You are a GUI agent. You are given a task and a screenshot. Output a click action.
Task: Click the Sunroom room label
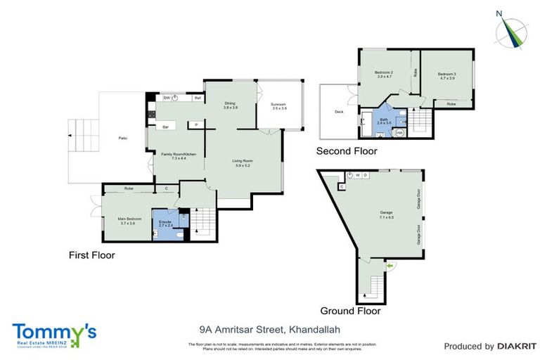tap(279, 106)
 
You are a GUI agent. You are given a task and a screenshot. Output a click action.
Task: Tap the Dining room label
tap(231, 105)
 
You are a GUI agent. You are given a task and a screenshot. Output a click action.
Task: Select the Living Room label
tap(243, 163)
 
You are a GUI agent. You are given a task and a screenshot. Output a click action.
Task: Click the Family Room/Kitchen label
tap(174, 156)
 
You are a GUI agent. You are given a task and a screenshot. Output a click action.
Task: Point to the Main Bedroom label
tap(130, 221)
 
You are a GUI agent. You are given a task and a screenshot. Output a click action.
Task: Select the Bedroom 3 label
tap(446, 76)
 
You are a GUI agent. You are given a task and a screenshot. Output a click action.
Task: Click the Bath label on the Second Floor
tap(383, 121)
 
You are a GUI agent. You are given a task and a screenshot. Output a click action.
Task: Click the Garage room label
tap(386, 214)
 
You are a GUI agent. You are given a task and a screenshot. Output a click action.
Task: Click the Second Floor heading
tap(347, 151)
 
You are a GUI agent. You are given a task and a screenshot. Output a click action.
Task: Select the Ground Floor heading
tap(350, 310)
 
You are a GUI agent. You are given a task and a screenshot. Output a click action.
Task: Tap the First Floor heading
tap(91, 255)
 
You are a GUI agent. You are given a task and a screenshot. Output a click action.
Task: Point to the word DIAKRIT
tap(517, 346)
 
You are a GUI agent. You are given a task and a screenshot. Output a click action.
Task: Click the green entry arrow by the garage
tap(390, 265)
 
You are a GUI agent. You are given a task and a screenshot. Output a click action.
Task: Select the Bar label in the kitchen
tap(166, 127)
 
